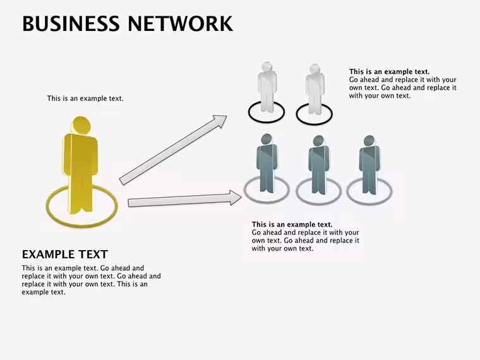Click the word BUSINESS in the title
[x=71, y=23]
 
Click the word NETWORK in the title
[x=180, y=23]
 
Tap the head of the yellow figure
[x=81, y=125]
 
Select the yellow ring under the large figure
[x=48, y=206]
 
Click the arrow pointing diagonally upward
[x=173, y=150]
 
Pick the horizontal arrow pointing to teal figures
[x=184, y=199]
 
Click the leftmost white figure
[x=267, y=87]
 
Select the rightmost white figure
[x=315, y=90]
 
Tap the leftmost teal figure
[x=267, y=164]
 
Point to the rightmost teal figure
[x=369, y=165]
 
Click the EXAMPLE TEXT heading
[x=65, y=255]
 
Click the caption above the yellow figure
[x=85, y=99]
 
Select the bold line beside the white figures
[x=390, y=71]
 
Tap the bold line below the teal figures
[x=292, y=224]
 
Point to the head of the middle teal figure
[x=319, y=141]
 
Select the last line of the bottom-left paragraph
[x=44, y=292]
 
